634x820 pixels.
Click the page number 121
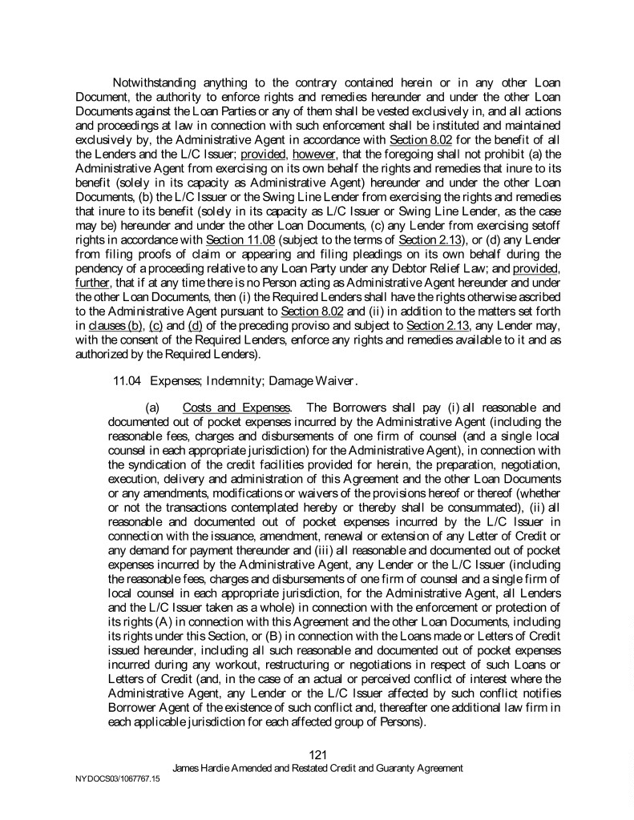point(317,754)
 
